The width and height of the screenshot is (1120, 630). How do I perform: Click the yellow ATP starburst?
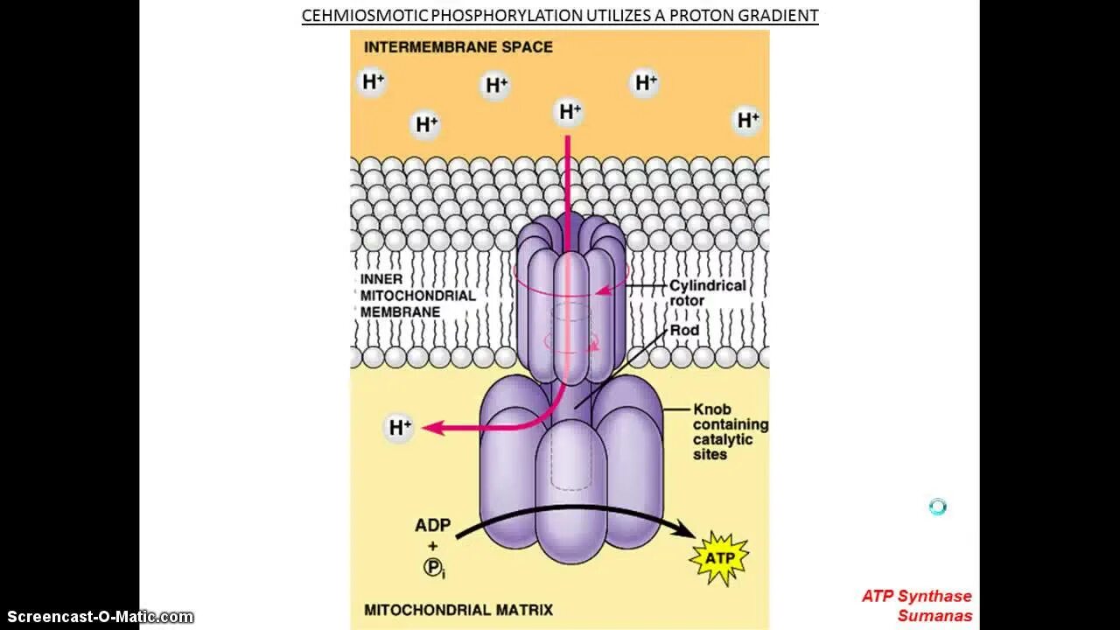click(x=719, y=556)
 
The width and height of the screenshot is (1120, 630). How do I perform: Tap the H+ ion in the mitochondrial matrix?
click(x=399, y=428)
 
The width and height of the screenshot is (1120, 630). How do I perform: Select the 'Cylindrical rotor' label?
click(x=707, y=293)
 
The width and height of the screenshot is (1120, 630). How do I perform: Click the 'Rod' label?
click(x=684, y=331)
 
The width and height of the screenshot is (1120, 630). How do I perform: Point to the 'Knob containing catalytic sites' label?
click(x=730, y=431)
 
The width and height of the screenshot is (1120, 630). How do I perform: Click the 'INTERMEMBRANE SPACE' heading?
click(x=458, y=47)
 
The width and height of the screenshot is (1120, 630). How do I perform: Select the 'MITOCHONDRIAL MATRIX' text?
click(x=458, y=610)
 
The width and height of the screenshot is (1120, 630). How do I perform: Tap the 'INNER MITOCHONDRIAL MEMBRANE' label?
click(x=417, y=296)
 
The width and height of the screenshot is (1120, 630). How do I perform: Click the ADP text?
click(x=432, y=526)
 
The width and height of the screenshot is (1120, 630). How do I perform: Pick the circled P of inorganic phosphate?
click(x=432, y=567)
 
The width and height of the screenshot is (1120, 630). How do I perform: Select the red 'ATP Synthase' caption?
click(x=916, y=596)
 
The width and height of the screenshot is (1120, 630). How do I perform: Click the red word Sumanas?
click(x=934, y=616)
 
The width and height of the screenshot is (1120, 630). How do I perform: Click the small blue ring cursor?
click(x=937, y=507)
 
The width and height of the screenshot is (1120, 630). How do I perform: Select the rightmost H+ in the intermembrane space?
click(x=747, y=120)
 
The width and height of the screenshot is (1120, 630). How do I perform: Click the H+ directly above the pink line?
click(x=569, y=112)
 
